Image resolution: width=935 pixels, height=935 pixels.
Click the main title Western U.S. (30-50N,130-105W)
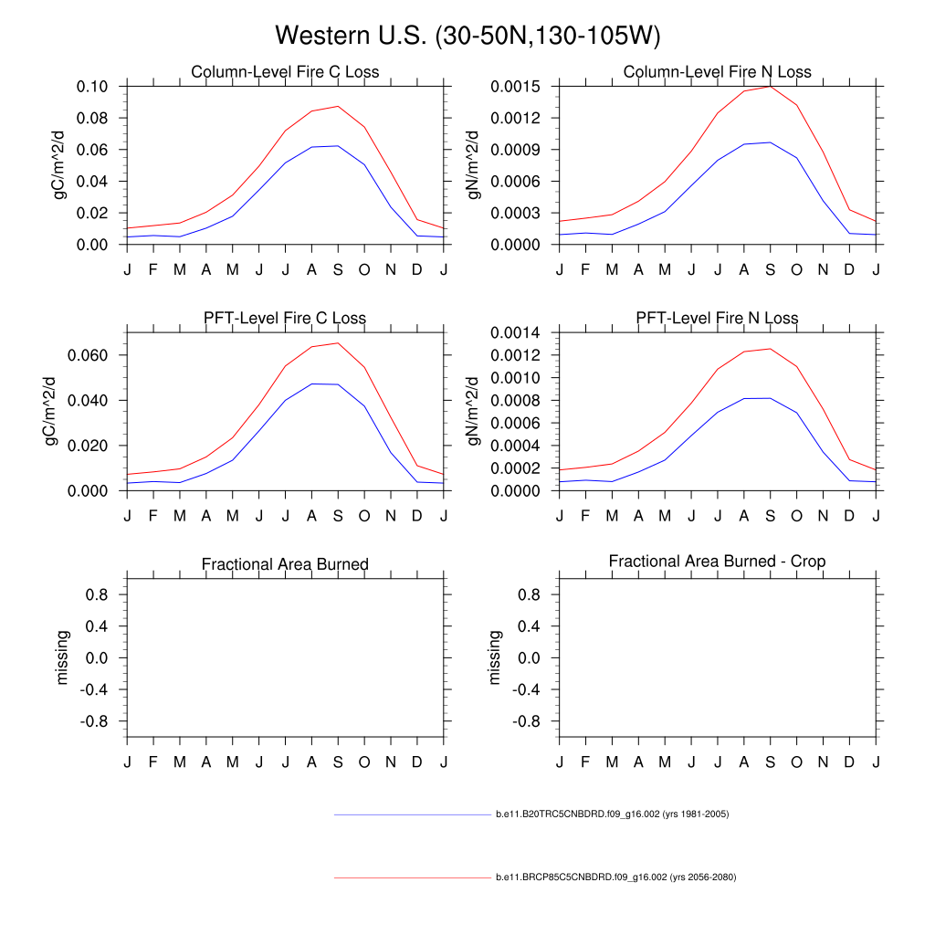pyautogui.click(x=467, y=36)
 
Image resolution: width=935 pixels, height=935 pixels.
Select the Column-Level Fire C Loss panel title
pyautogui.click(x=285, y=72)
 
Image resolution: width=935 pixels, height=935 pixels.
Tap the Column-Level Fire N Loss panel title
pyautogui.click(x=717, y=72)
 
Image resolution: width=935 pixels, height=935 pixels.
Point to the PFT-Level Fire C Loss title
pyautogui.click(x=285, y=319)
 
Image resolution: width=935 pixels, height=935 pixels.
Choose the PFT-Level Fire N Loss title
pyautogui.click(x=717, y=319)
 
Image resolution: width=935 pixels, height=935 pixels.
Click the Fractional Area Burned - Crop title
pyautogui.click(x=717, y=562)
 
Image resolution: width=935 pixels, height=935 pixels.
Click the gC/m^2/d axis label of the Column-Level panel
pyautogui.click(x=61, y=165)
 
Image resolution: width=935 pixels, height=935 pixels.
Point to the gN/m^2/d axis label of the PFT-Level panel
pyautogui.click(x=475, y=412)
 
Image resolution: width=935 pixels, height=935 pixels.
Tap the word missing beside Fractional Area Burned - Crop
pyautogui.click(x=495, y=657)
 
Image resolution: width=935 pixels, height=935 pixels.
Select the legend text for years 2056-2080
pyautogui.click(x=615, y=877)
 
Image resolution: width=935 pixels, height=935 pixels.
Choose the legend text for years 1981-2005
pyautogui.click(x=612, y=814)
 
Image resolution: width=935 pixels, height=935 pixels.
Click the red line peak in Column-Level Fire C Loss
pyautogui.click(x=338, y=106)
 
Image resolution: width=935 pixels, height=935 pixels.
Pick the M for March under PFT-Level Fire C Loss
pyautogui.click(x=180, y=516)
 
